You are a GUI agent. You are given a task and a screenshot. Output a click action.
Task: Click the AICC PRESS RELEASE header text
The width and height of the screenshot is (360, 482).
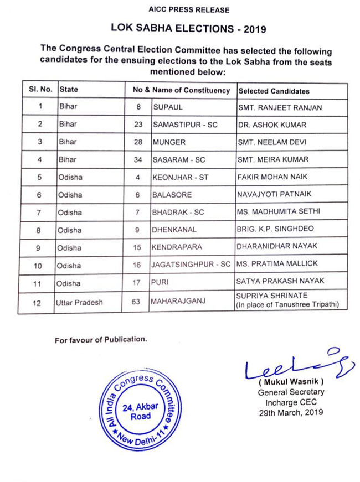181,10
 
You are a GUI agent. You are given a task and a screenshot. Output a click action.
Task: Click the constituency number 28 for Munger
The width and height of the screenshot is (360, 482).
138,142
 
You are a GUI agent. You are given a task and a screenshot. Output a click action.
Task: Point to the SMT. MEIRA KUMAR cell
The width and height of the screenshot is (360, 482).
272,160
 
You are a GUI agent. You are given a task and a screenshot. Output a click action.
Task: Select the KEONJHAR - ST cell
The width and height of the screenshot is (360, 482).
179,178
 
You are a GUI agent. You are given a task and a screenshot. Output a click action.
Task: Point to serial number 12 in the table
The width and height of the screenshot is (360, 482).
38,302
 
